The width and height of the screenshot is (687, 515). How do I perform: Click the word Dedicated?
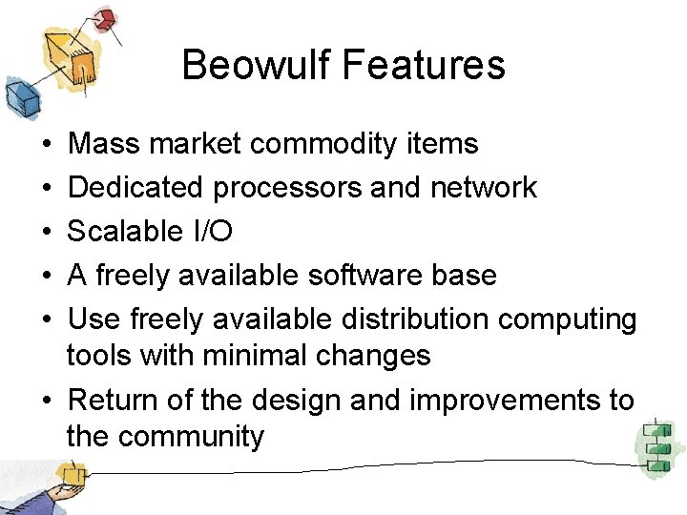click(x=136, y=188)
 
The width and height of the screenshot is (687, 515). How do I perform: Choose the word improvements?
click(x=504, y=401)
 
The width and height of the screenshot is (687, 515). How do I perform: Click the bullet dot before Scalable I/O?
click(x=48, y=233)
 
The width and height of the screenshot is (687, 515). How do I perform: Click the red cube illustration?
click(x=104, y=18)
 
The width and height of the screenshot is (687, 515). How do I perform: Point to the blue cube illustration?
click(x=19, y=96)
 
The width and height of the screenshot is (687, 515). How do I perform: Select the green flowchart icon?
click(x=656, y=443)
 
